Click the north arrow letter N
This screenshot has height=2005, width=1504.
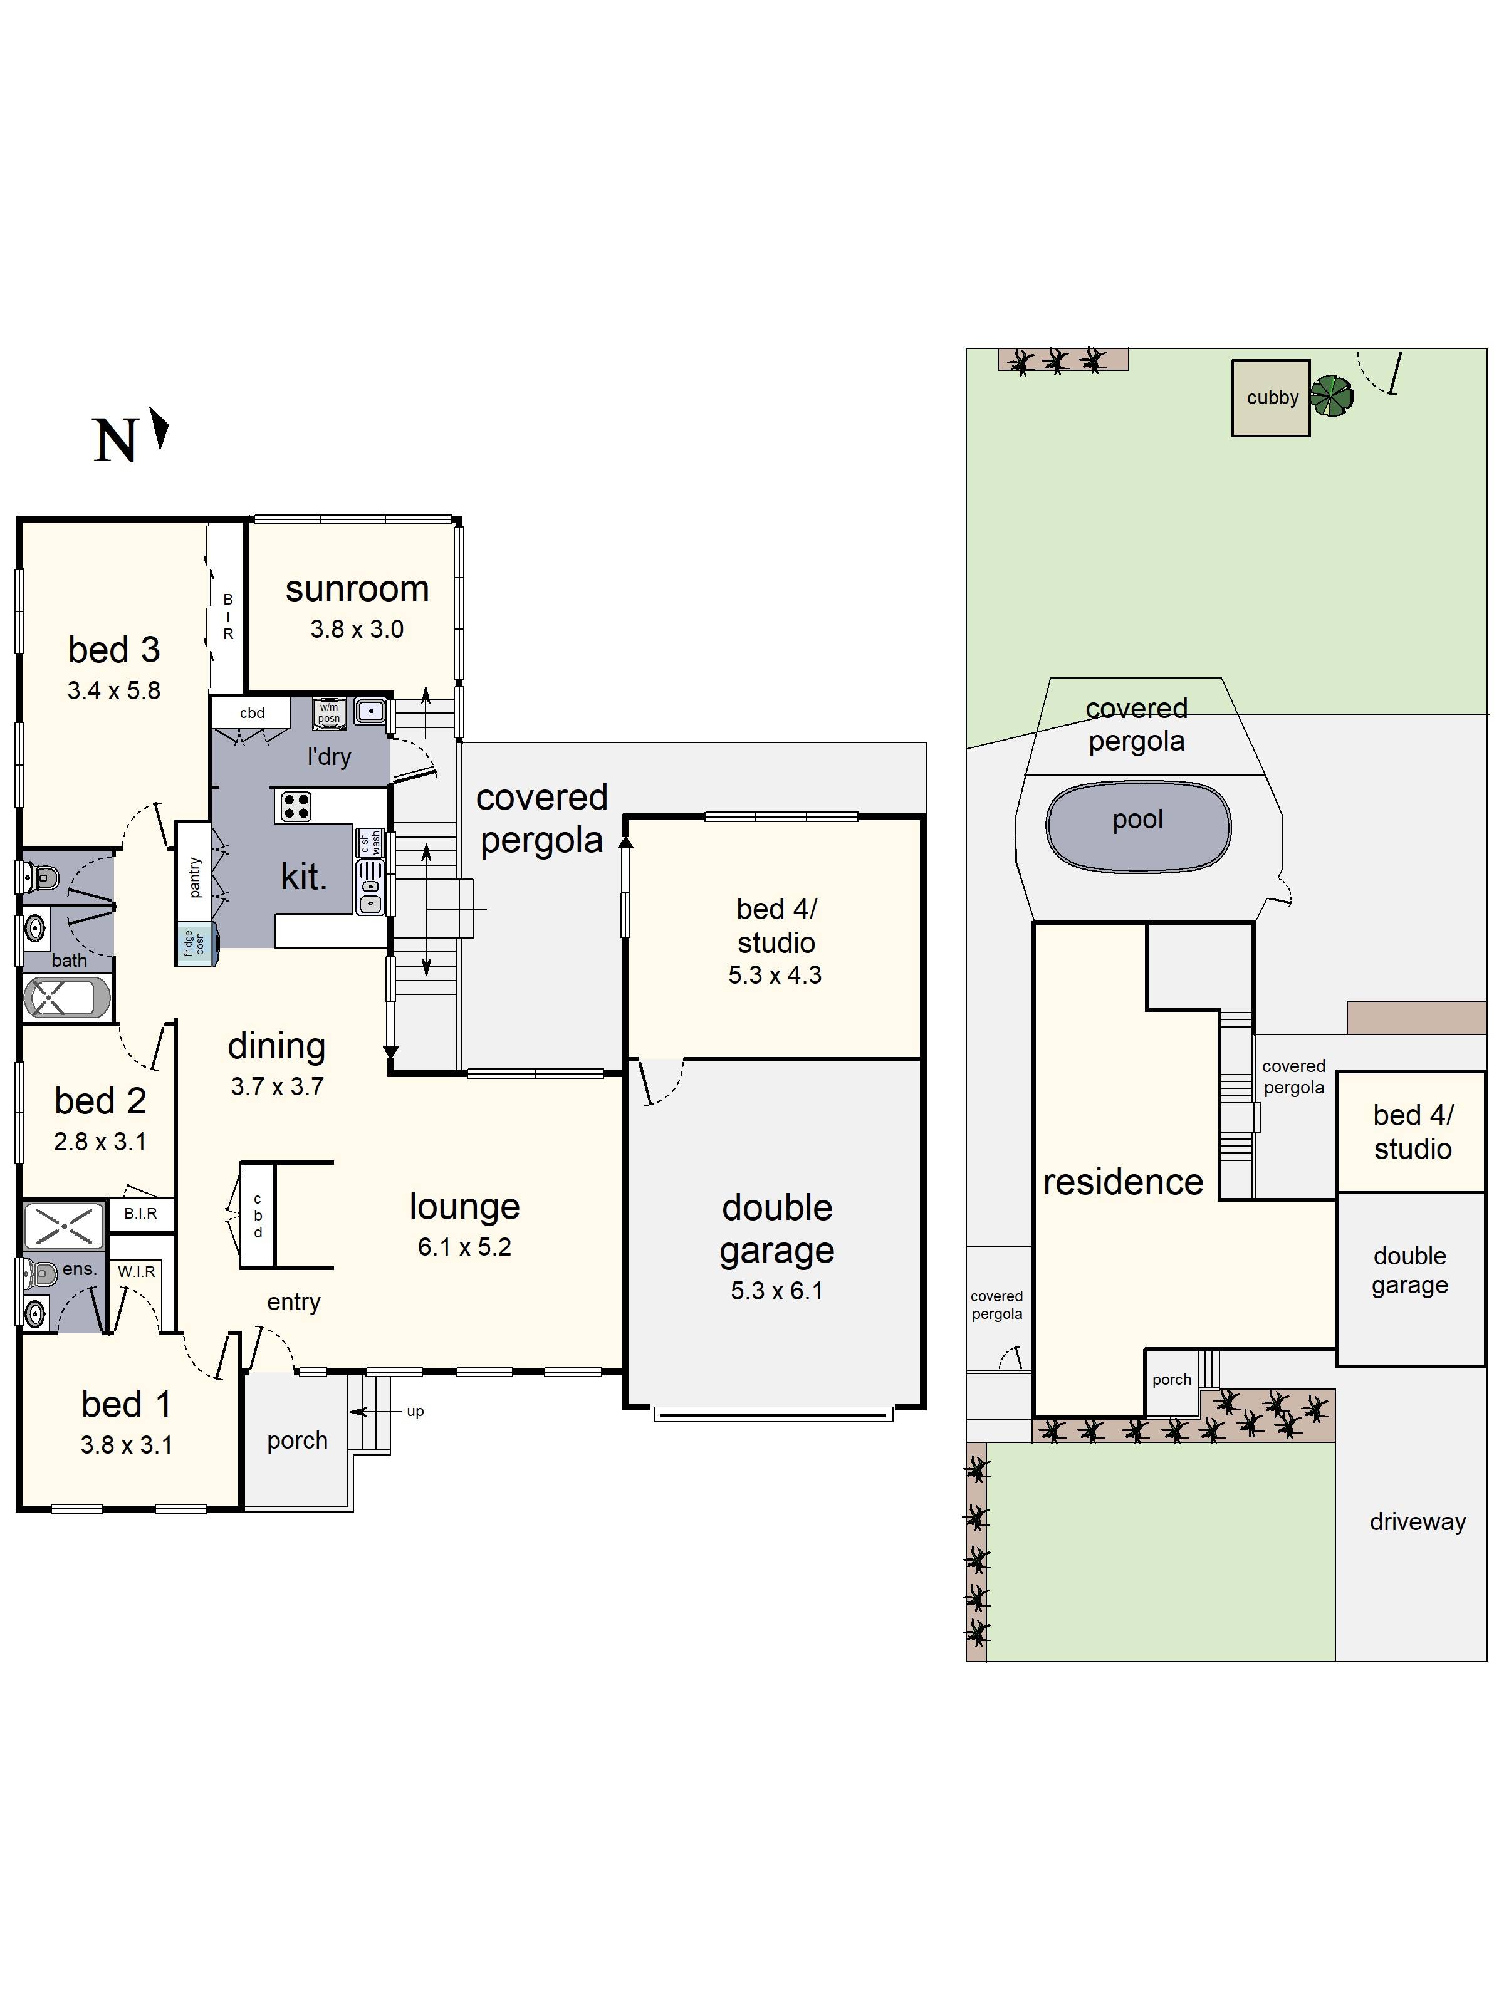[115, 442]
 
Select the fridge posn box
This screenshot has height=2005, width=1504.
[195, 944]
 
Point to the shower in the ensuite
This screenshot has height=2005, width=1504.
[63, 1226]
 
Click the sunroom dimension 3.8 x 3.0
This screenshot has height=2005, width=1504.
[357, 629]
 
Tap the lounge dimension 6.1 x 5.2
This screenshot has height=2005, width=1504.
[464, 1247]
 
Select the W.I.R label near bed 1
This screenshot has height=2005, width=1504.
[136, 1272]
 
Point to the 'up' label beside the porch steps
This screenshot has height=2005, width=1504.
[415, 1411]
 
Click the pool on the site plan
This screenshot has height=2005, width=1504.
[1138, 826]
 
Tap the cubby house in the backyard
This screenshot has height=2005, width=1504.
[1270, 398]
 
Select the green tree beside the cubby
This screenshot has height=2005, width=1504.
[1332, 396]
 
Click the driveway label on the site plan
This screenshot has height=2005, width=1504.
[1416, 1522]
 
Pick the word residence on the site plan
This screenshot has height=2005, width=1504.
[1122, 1182]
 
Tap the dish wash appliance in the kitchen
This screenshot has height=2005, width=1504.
[370, 842]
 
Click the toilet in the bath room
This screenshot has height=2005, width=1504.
[41, 877]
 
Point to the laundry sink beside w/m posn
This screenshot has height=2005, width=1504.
[370, 712]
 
